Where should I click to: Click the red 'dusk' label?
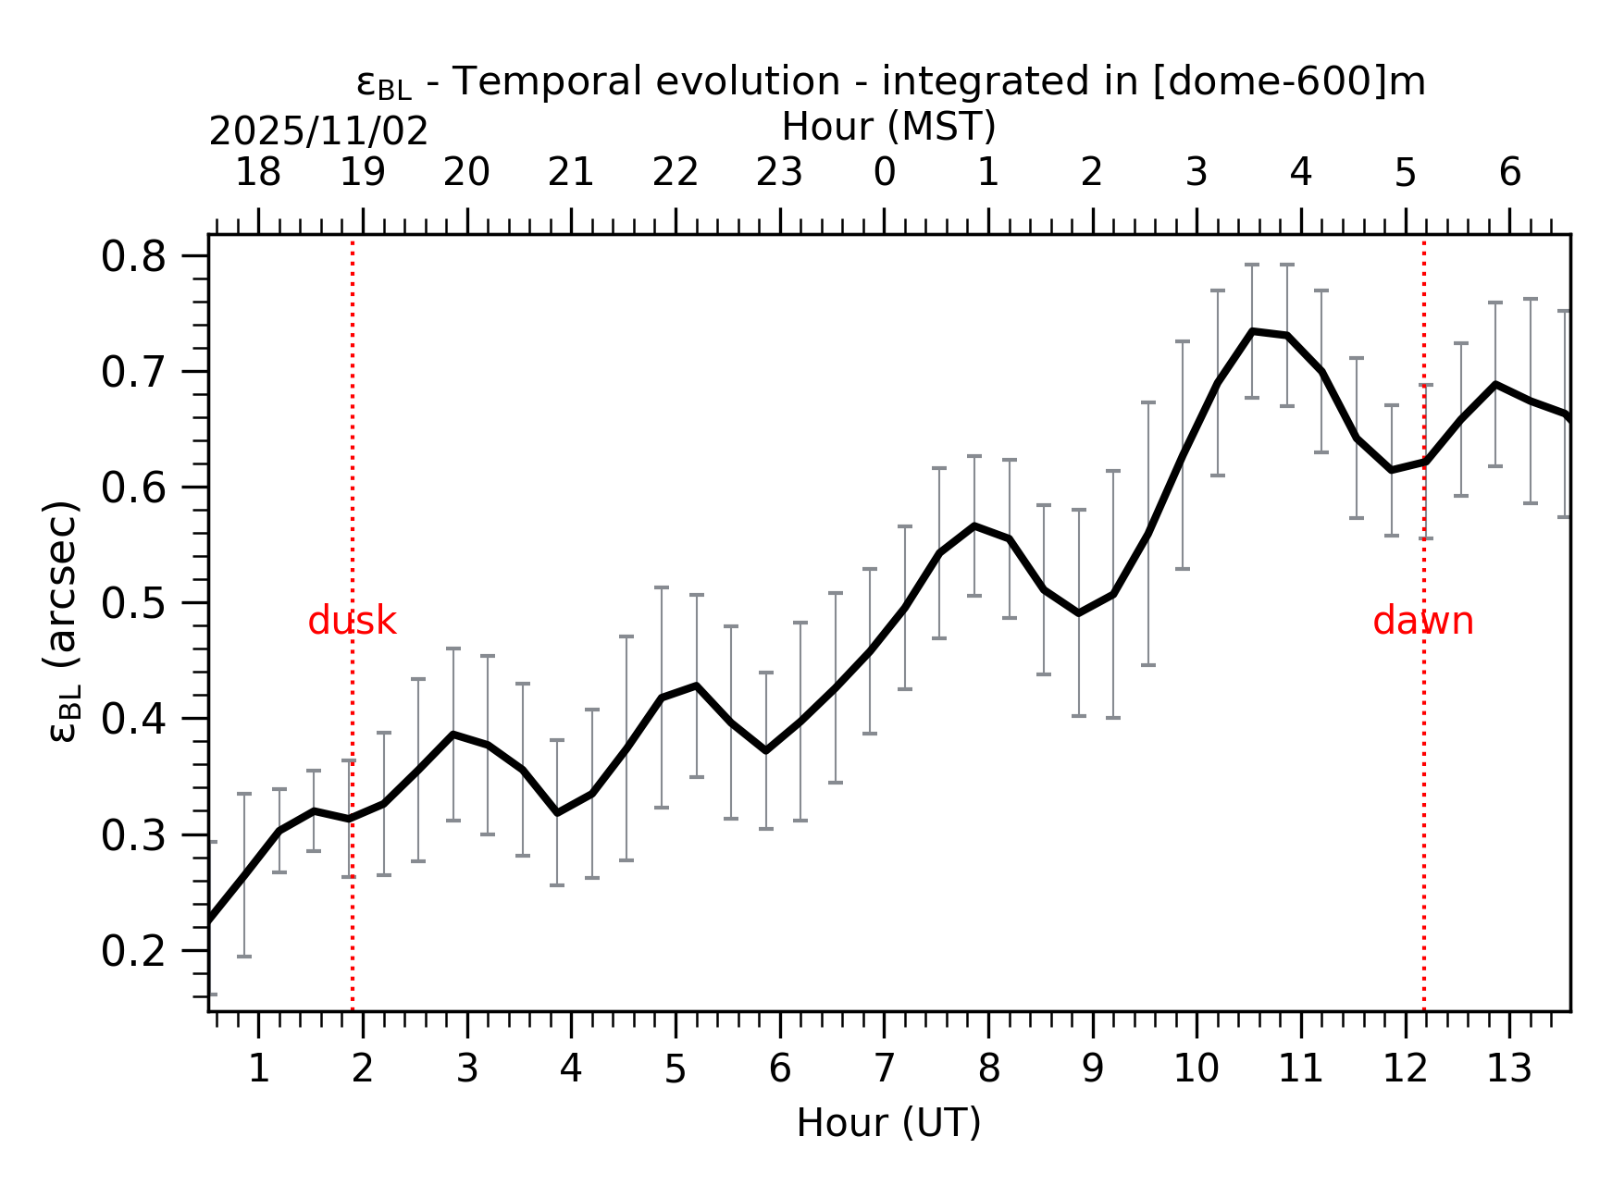pyautogui.click(x=352, y=622)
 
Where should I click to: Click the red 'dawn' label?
pyautogui.click(x=1422, y=622)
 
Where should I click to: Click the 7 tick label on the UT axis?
pyautogui.click(x=884, y=1069)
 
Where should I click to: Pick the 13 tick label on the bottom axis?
pyautogui.click(x=1508, y=1069)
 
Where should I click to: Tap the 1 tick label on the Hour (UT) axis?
pyautogui.click(x=258, y=1069)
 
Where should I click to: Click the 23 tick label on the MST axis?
pyautogui.click(x=779, y=173)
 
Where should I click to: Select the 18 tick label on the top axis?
pyautogui.click(x=258, y=173)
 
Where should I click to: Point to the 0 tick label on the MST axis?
pyautogui.click(x=884, y=173)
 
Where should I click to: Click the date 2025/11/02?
pyautogui.click(x=318, y=132)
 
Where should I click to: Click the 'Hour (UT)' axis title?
pyautogui.click(x=888, y=1123)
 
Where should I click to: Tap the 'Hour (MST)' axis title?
pyautogui.click(x=888, y=127)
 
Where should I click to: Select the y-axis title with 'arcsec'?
pyautogui.click(x=61, y=622)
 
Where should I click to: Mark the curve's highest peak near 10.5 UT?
pyautogui.click(x=1252, y=331)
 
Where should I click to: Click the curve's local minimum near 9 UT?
pyautogui.click(x=1079, y=613)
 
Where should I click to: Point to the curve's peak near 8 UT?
pyautogui.click(x=974, y=525)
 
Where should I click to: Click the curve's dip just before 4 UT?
pyautogui.click(x=557, y=812)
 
